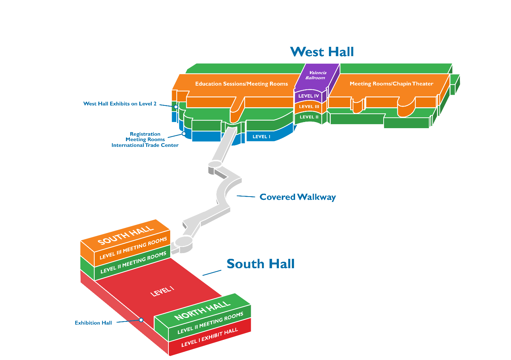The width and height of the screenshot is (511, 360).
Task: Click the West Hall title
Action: (322, 52)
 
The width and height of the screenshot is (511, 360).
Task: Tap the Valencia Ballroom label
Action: (316, 75)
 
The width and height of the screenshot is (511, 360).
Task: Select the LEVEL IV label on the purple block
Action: (308, 96)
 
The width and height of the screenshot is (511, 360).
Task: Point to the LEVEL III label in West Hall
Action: (309, 107)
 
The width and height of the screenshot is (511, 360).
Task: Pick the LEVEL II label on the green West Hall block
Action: (309, 117)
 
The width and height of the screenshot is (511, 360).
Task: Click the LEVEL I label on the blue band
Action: (261, 136)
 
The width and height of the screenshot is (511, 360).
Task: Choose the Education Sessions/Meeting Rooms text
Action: (241, 84)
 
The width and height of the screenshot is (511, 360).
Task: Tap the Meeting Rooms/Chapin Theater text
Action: (392, 84)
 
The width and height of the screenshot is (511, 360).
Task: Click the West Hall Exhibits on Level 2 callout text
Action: (120, 104)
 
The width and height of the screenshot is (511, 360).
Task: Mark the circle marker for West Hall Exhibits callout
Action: (176, 107)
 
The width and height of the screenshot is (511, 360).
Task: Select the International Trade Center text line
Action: (145, 145)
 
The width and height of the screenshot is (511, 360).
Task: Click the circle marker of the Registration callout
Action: (184, 134)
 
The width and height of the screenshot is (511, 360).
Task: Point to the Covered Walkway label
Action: (298, 197)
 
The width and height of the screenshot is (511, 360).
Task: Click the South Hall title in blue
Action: (261, 264)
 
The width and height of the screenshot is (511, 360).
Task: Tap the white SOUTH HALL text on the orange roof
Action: (126, 235)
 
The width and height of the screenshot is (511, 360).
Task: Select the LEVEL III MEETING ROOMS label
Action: (133, 248)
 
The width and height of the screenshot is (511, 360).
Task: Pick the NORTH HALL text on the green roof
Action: (202, 310)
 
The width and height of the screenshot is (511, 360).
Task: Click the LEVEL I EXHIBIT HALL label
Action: (210, 337)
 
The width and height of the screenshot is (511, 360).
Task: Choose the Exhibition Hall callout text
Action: (93, 323)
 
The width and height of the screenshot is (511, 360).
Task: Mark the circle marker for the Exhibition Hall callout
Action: (141, 320)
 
